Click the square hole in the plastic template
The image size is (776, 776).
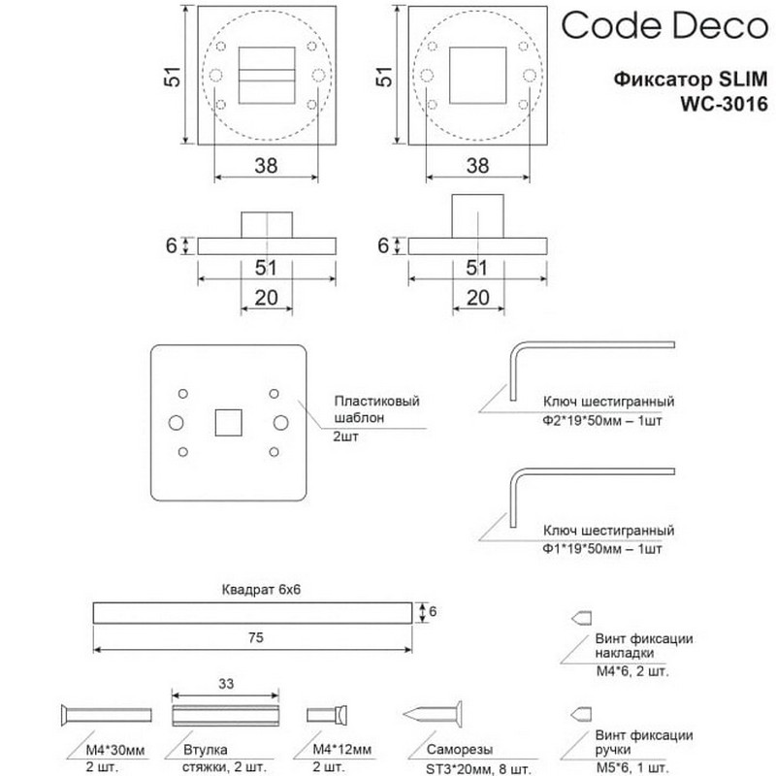click(227, 422)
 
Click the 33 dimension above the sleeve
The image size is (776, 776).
click(225, 684)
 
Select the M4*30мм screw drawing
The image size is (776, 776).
click(106, 715)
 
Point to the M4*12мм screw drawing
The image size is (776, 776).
click(328, 715)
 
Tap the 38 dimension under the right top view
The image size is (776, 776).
click(476, 165)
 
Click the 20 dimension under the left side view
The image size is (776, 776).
click(266, 297)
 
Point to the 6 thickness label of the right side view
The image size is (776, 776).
click(383, 245)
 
